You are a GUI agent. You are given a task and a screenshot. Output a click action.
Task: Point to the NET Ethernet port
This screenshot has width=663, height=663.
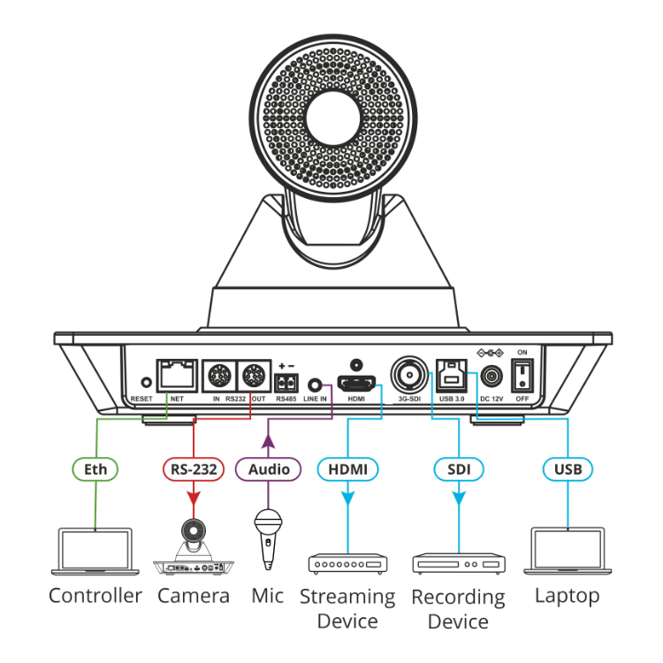[x=177, y=375]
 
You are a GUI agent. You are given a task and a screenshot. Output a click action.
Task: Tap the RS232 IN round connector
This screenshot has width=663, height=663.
[x=217, y=377]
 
